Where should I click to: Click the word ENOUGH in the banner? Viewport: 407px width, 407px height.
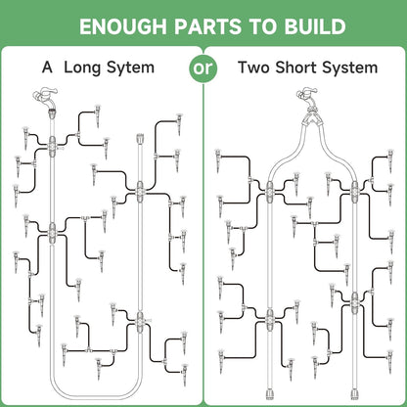pyautogui.click(x=123, y=26)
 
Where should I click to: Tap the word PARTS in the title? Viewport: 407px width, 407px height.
pyautogui.click(x=207, y=26)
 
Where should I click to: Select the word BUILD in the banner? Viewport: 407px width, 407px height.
pyautogui.click(x=315, y=26)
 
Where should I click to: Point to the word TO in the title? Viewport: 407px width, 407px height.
pyautogui.click(x=263, y=26)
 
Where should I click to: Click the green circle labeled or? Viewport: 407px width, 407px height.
pyautogui.click(x=203, y=68)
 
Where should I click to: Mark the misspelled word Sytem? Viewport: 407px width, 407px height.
pyautogui.click(x=130, y=68)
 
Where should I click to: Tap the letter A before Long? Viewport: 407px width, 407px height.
pyautogui.click(x=47, y=68)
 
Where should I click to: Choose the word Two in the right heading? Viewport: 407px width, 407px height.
pyautogui.click(x=254, y=68)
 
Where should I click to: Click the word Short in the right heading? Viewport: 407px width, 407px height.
pyautogui.click(x=296, y=68)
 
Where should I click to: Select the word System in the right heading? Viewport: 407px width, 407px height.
pyautogui.click(x=350, y=68)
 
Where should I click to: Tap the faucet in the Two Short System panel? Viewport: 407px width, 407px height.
pyautogui.click(x=308, y=97)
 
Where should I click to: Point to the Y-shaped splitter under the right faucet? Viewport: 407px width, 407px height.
pyautogui.click(x=311, y=118)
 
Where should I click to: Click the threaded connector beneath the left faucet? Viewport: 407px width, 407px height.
pyautogui.click(x=52, y=113)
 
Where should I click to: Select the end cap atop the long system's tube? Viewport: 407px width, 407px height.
pyautogui.click(x=140, y=139)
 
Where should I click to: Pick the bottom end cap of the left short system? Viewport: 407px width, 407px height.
pyautogui.click(x=269, y=394)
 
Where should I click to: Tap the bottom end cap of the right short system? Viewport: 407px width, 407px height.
pyautogui.click(x=354, y=394)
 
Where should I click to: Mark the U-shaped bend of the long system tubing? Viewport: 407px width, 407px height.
pyautogui.click(x=96, y=392)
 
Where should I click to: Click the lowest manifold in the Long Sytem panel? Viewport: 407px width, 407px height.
pyautogui.click(x=140, y=322)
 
